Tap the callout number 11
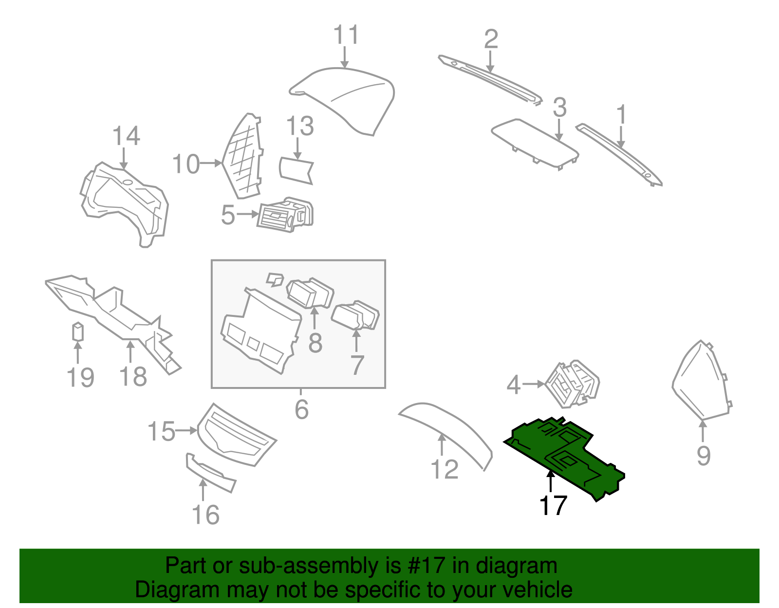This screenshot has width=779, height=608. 346,35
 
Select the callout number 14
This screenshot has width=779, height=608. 126,136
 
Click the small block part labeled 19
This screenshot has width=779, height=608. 77,332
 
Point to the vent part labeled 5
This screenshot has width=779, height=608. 285,215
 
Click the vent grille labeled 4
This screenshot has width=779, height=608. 572,384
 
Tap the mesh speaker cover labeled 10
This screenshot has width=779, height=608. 243,156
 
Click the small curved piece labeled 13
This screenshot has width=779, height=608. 295,170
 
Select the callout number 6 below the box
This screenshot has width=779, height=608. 301,409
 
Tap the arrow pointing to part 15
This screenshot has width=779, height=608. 186,430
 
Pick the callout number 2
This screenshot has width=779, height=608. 491,39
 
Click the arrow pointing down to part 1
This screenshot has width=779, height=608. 621,136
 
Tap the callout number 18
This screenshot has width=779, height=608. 133,376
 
